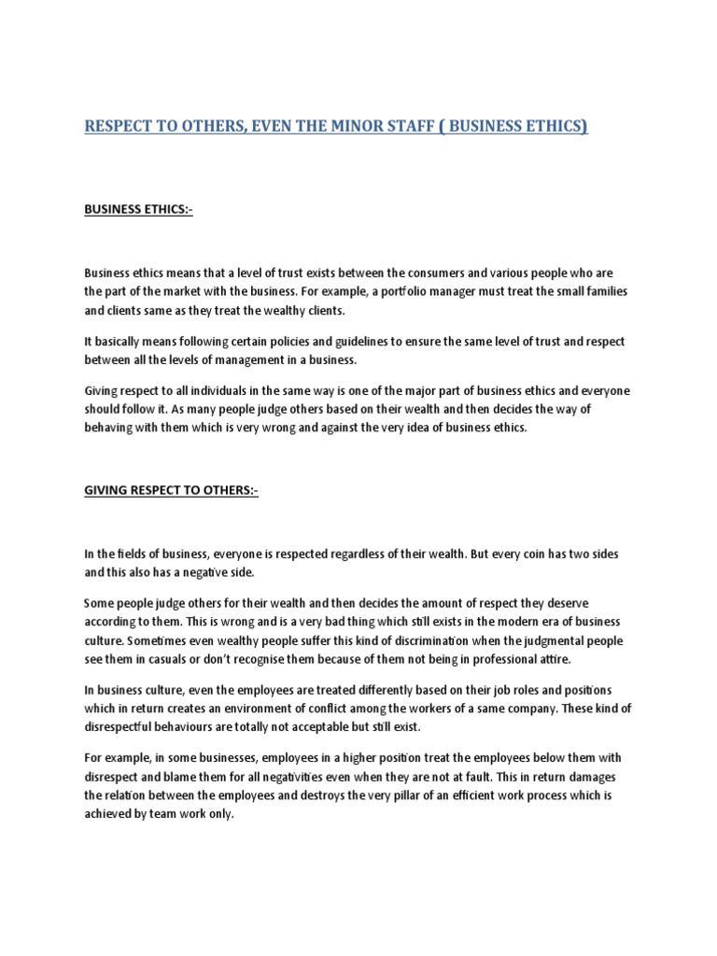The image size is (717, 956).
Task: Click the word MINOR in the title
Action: click(341, 126)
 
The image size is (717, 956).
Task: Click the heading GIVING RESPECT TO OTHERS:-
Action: click(171, 492)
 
